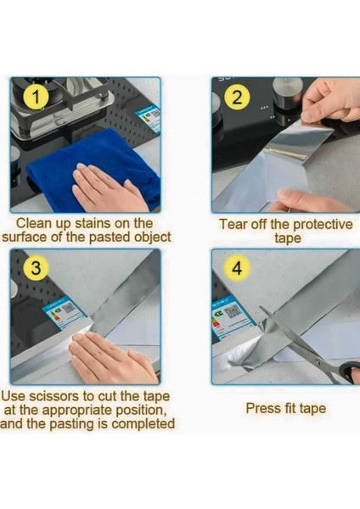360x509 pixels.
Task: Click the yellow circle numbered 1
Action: click(x=36, y=97)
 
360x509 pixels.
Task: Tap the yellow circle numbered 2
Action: click(x=238, y=97)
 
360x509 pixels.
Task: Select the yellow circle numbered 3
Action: click(x=36, y=268)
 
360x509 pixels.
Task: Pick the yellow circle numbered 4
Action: click(x=238, y=268)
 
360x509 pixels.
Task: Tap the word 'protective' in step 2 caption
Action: click(x=323, y=225)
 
